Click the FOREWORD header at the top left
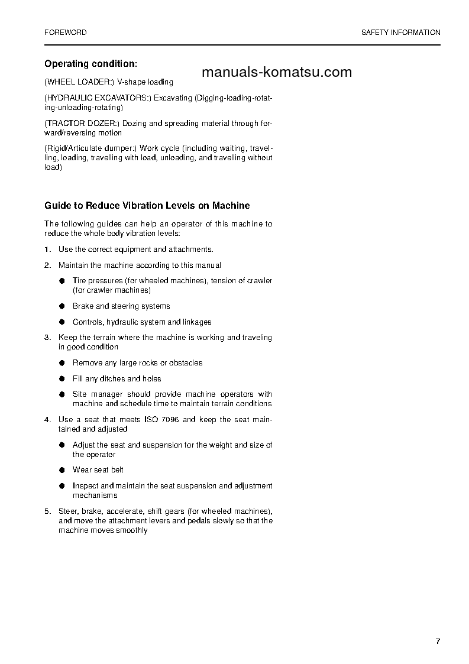coord(65,33)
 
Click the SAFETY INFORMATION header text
coord(400,33)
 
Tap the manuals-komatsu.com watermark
coord(276,72)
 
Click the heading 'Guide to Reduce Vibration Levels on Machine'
coord(147,206)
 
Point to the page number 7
coord(438,642)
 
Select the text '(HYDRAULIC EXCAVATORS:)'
coord(97,98)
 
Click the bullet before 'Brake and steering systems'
coord(62,306)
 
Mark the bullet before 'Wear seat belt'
coord(62,470)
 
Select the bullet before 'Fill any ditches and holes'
coord(62,379)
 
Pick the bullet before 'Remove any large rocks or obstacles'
coord(62,363)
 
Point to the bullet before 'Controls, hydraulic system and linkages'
coord(62,322)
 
